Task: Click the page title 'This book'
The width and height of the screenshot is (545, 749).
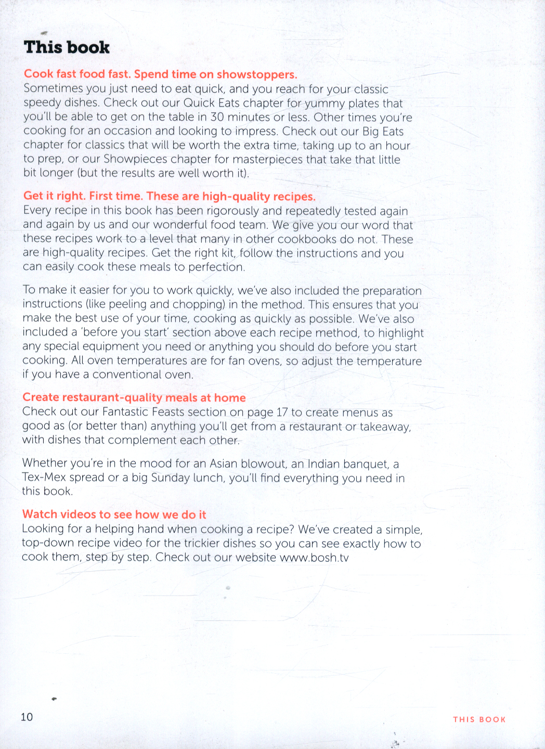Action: (x=67, y=47)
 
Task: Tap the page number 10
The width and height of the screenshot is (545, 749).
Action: (x=27, y=717)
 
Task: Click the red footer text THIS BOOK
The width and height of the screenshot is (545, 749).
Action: (x=479, y=719)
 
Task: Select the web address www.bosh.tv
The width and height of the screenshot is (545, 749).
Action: (x=314, y=558)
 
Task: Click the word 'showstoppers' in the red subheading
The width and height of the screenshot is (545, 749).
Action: (x=256, y=74)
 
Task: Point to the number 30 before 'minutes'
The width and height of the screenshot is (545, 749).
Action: (x=217, y=117)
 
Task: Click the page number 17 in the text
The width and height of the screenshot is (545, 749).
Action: (x=282, y=412)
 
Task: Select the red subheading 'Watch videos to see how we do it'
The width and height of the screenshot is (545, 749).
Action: (x=114, y=514)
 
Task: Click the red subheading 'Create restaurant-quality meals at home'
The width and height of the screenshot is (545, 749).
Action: (x=134, y=397)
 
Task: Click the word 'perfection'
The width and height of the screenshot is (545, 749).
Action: (x=216, y=267)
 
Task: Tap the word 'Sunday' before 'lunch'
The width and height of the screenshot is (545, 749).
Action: (x=170, y=477)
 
